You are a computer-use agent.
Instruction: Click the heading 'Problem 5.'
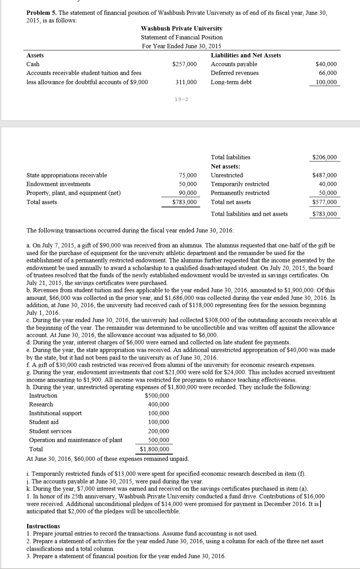coord(41,13)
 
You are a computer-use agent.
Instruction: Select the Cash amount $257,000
coord(184,64)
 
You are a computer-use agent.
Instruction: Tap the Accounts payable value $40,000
coord(326,64)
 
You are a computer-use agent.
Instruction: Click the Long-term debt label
coord(231,82)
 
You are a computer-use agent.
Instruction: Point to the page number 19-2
coord(181,100)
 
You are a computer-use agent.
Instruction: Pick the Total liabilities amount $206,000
coord(325,157)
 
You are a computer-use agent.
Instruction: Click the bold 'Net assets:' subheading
coord(225,167)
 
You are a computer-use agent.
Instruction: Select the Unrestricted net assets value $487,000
coord(325,175)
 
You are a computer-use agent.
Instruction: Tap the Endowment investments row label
coord(58,184)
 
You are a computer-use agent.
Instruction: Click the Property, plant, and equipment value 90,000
coord(188,193)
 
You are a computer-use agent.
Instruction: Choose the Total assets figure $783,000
coord(184,202)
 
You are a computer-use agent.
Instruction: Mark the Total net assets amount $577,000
coord(325,202)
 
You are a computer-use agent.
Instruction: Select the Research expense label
coord(41,405)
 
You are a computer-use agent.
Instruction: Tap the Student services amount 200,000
coord(159,431)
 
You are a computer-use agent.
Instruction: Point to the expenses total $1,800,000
coord(155,449)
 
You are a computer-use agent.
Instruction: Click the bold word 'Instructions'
coord(43,526)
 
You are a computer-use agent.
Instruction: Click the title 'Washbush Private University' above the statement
coord(182,29)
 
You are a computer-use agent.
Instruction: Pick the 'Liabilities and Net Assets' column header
coord(246,56)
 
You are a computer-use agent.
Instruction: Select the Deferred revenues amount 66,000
coord(328,73)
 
